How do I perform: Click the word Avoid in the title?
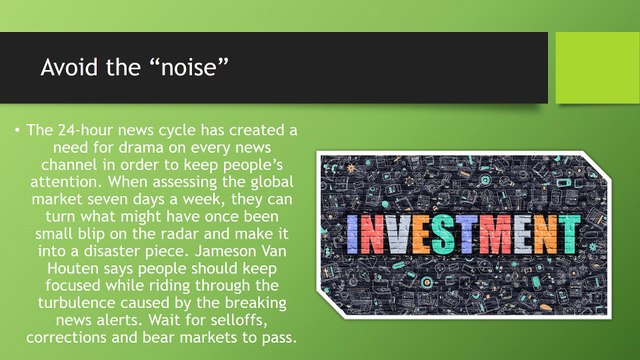point(70,67)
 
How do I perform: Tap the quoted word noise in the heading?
point(188,67)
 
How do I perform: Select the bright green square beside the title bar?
point(598,68)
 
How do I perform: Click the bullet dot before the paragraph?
point(17,130)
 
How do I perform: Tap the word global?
point(271,182)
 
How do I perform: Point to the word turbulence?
point(77,302)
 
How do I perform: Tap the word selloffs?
point(239,320)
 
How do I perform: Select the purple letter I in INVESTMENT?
point(352,234)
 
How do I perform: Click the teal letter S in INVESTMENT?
point(442,234)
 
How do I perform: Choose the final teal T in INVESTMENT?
point(570,234)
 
